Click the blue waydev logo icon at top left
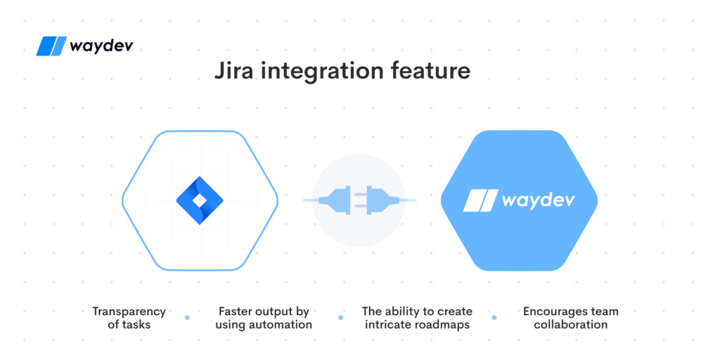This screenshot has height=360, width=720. tap(51, 46)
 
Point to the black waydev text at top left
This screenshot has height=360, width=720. tap(101, 46)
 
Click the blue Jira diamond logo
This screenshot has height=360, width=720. tap(200, 200)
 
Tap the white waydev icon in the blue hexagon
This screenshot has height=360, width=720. tap(480, 200)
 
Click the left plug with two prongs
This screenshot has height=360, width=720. tap(337, 200)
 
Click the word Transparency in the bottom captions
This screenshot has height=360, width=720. tap(129, 311)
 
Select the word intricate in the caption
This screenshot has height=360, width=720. tap(385, 324)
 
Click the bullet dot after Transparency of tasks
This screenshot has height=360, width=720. tap(187, 317)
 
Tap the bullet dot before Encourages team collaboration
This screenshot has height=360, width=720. tap(494, 317)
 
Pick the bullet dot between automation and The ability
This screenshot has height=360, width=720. tap(341, 317)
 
